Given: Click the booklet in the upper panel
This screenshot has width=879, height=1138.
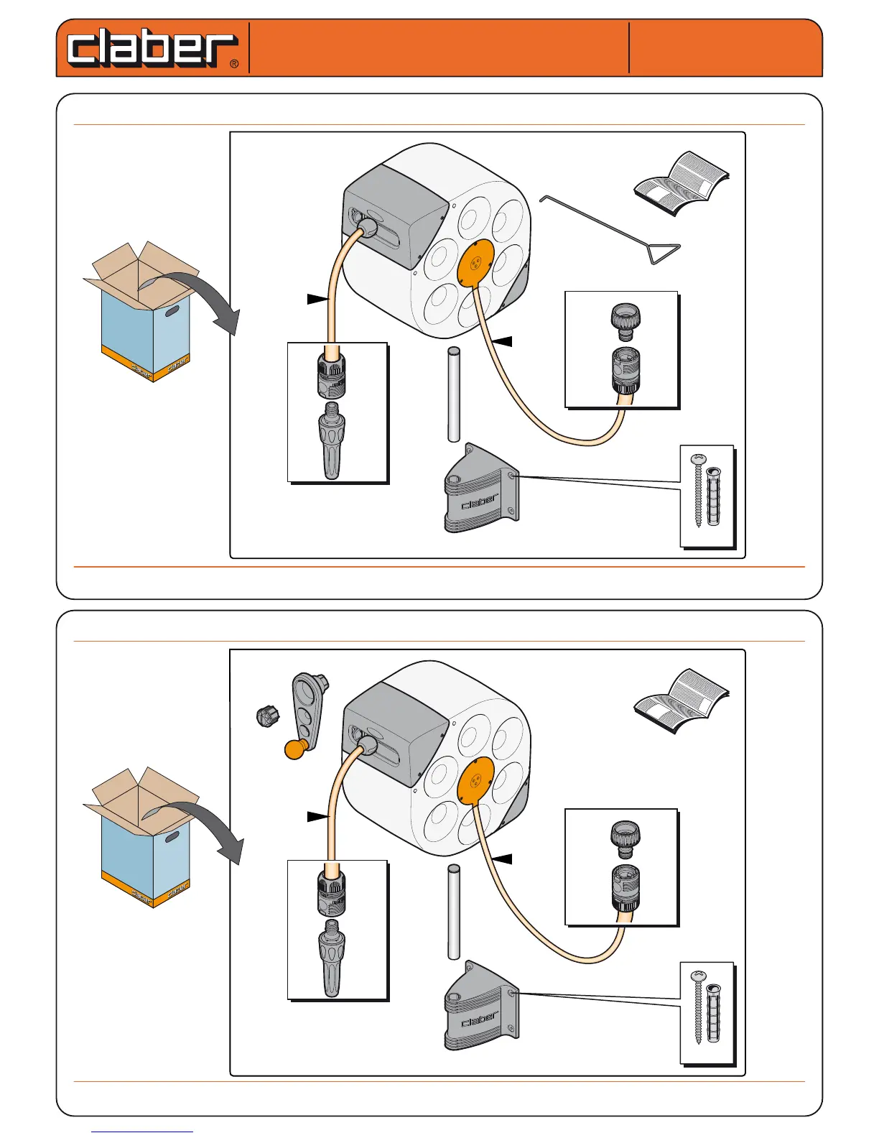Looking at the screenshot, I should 682,184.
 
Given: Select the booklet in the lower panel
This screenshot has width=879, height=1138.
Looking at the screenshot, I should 682,701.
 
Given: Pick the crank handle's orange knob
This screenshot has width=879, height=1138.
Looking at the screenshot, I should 295,749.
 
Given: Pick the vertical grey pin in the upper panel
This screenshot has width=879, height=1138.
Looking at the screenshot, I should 453,394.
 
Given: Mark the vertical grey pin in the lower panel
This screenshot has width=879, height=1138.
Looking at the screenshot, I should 453,912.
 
